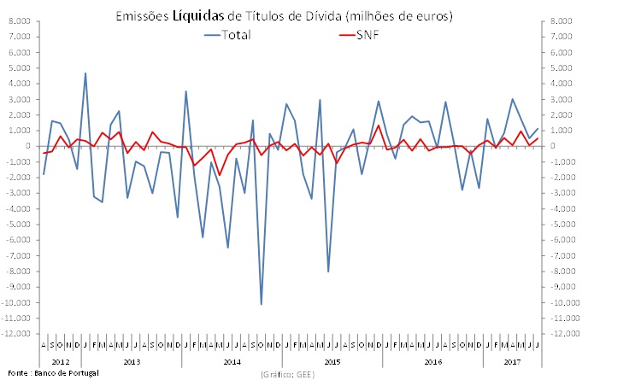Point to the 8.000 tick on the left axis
coord(20,21)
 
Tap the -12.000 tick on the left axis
coord(17,334)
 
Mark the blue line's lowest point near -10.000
coord(261,303)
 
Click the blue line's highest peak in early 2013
coord(85,73)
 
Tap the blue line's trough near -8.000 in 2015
coord(328,272)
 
